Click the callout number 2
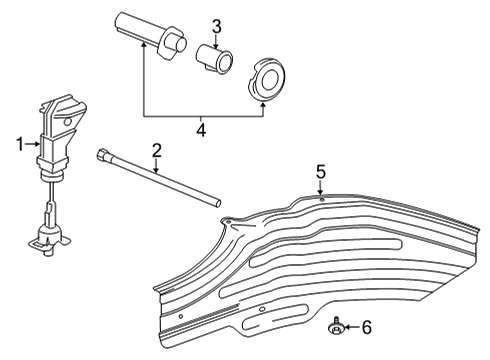click(x=156, y=150)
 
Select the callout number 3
click(x=216, y=27)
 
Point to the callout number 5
click(x=321, y=172)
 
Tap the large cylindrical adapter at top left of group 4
click(x=150, y=32)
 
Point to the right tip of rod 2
click(x=214, y=203)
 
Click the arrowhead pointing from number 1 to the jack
click(x=38, y=144)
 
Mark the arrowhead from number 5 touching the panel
click(x=321, y=196)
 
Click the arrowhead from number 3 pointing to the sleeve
click(x=216, y=42)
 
